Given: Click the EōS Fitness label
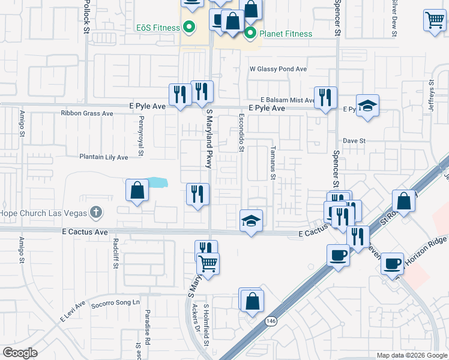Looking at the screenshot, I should [x=158, y=28].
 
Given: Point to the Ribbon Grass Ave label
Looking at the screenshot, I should [x=87, y=113].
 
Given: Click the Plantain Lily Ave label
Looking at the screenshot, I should [x=104, y=157].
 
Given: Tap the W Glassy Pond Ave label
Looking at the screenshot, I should [x=278, y=70].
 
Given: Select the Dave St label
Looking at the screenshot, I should [x=354, y=140].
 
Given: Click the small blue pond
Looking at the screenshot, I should [x=157, y=181].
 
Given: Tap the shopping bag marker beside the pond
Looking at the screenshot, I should [x=137, y=191].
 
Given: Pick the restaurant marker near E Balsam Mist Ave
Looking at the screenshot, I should [x=325, y=98].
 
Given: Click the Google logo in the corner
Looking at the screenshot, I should [x=20, y=353].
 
